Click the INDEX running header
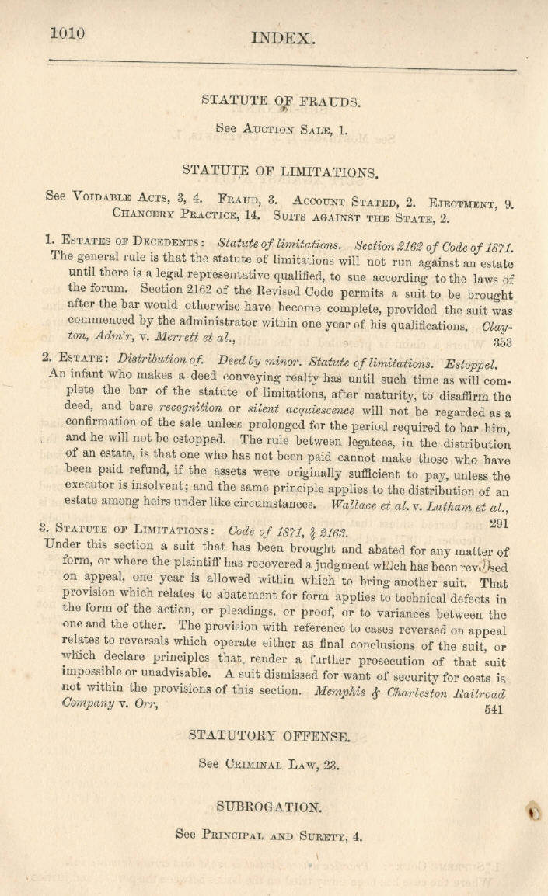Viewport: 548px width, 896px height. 282,38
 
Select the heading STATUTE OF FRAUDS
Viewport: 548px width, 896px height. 280,100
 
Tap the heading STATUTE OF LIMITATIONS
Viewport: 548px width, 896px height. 280,171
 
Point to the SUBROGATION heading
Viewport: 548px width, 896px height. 268,807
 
